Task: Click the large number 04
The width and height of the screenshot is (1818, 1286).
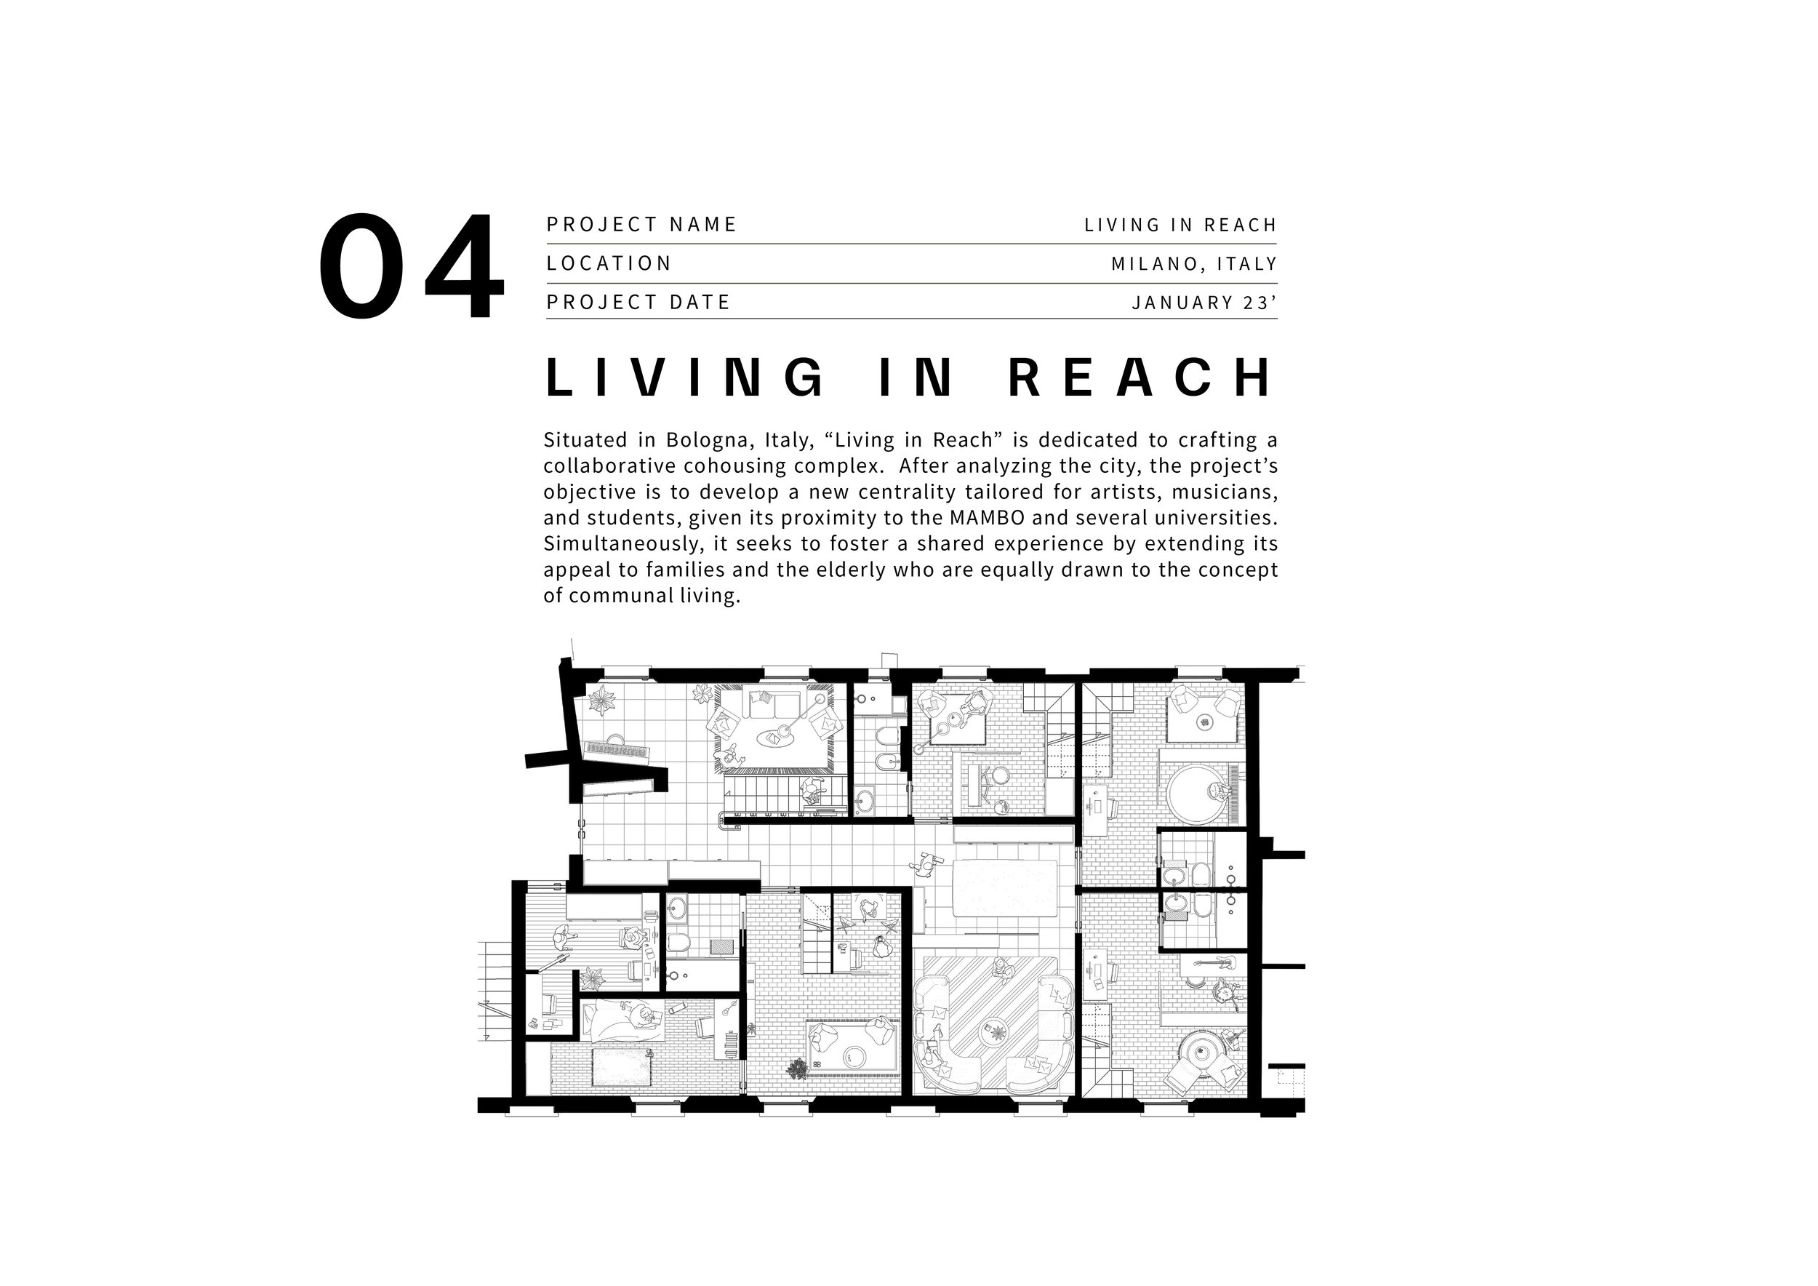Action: click(x=411, y=266)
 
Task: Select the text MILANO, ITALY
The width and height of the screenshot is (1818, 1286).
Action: click(x=1193, y=264)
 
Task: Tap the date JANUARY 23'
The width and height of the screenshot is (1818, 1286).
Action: click(x=1204, y=303)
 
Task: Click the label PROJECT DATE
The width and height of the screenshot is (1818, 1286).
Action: click(x=638, y=302)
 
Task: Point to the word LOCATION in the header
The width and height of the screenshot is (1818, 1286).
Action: click(x=609, y=263)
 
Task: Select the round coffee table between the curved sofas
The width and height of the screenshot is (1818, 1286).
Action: click(x=995, y=1031)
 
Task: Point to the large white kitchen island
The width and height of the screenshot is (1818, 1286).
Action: click(x=1006, y=887)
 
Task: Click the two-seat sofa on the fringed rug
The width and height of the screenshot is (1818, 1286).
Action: click(x=774, y=704)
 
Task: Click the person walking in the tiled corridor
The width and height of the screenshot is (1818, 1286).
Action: click(x=925, y=865)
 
